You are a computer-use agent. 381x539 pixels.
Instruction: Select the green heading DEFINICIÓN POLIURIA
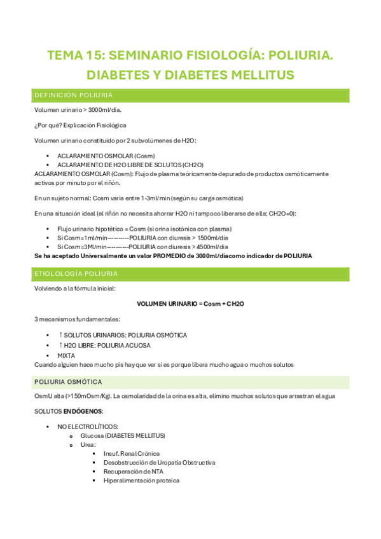pos(74,95)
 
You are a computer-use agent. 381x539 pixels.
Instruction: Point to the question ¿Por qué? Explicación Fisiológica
pos(80,125)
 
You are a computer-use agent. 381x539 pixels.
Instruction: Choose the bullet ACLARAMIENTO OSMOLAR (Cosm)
pos(106,156)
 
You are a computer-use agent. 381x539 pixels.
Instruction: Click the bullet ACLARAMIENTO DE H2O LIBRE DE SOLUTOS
pos(126,165)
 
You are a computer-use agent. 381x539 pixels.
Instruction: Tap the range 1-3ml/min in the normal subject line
pos(169,198)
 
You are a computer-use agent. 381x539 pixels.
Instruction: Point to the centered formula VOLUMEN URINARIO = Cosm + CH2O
pos(191,304)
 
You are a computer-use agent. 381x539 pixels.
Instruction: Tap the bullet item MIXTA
pos(66,355)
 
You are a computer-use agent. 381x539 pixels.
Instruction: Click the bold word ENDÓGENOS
pos(83,411)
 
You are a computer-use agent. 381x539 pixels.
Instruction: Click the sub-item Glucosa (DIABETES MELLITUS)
pos(123,435)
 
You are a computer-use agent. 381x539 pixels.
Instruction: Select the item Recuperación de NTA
pos(134,472)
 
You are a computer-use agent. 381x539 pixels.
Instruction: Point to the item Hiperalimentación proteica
pos(142,481)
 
